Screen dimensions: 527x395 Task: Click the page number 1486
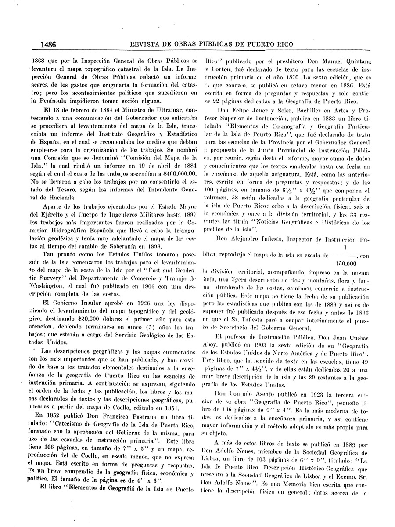(x=50, y=44)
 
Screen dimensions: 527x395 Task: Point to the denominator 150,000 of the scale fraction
(x=347, y=264)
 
